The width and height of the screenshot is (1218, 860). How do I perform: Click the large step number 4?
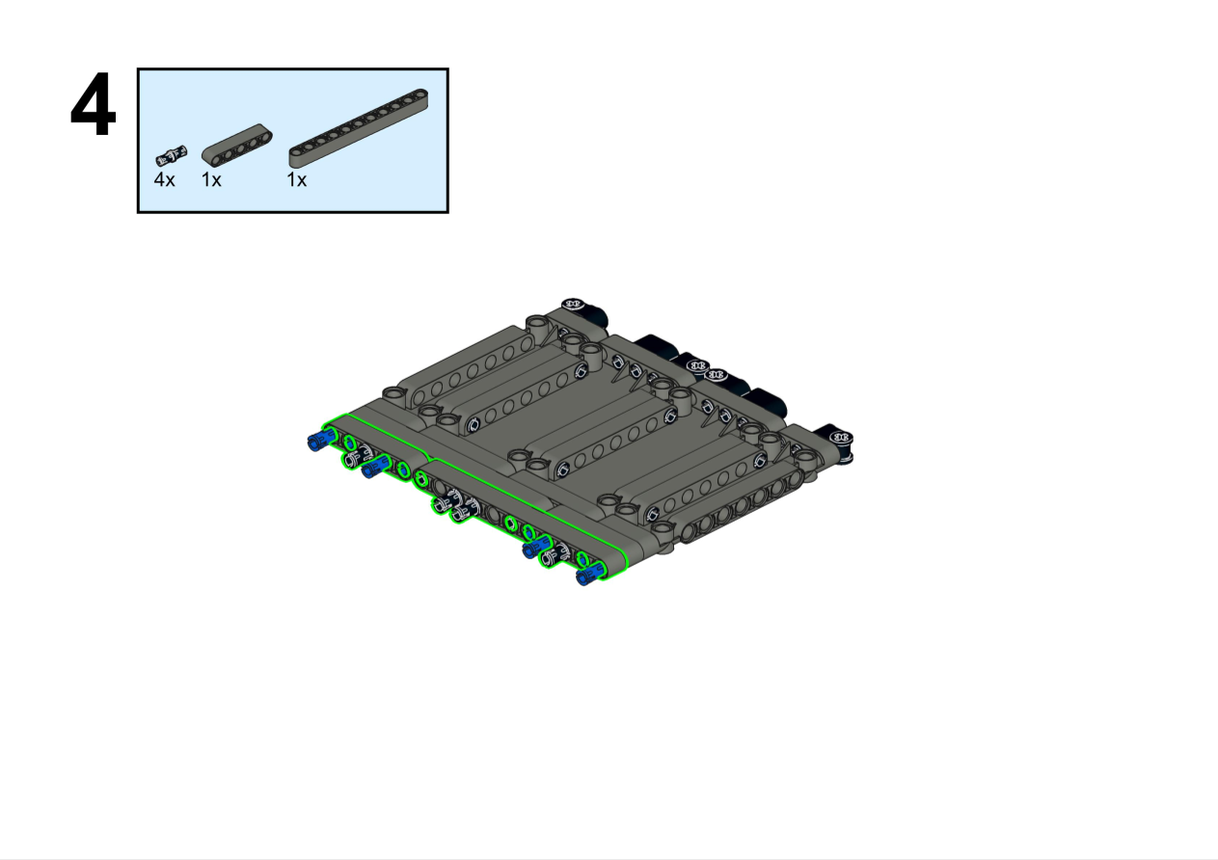coord(93,104)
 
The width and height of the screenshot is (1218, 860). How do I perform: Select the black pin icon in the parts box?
coord(172,155)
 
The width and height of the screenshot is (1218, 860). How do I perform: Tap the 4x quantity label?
coord(164,179)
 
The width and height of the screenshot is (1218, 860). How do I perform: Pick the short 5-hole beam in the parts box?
coord(237,145)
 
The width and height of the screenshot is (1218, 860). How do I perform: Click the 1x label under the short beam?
coord(211,179)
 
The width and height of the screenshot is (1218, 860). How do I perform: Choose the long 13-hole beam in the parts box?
coord(359,128)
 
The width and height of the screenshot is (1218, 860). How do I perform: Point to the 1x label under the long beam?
coord(297,179)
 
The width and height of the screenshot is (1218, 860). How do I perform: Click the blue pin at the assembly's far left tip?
coord(321,440)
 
